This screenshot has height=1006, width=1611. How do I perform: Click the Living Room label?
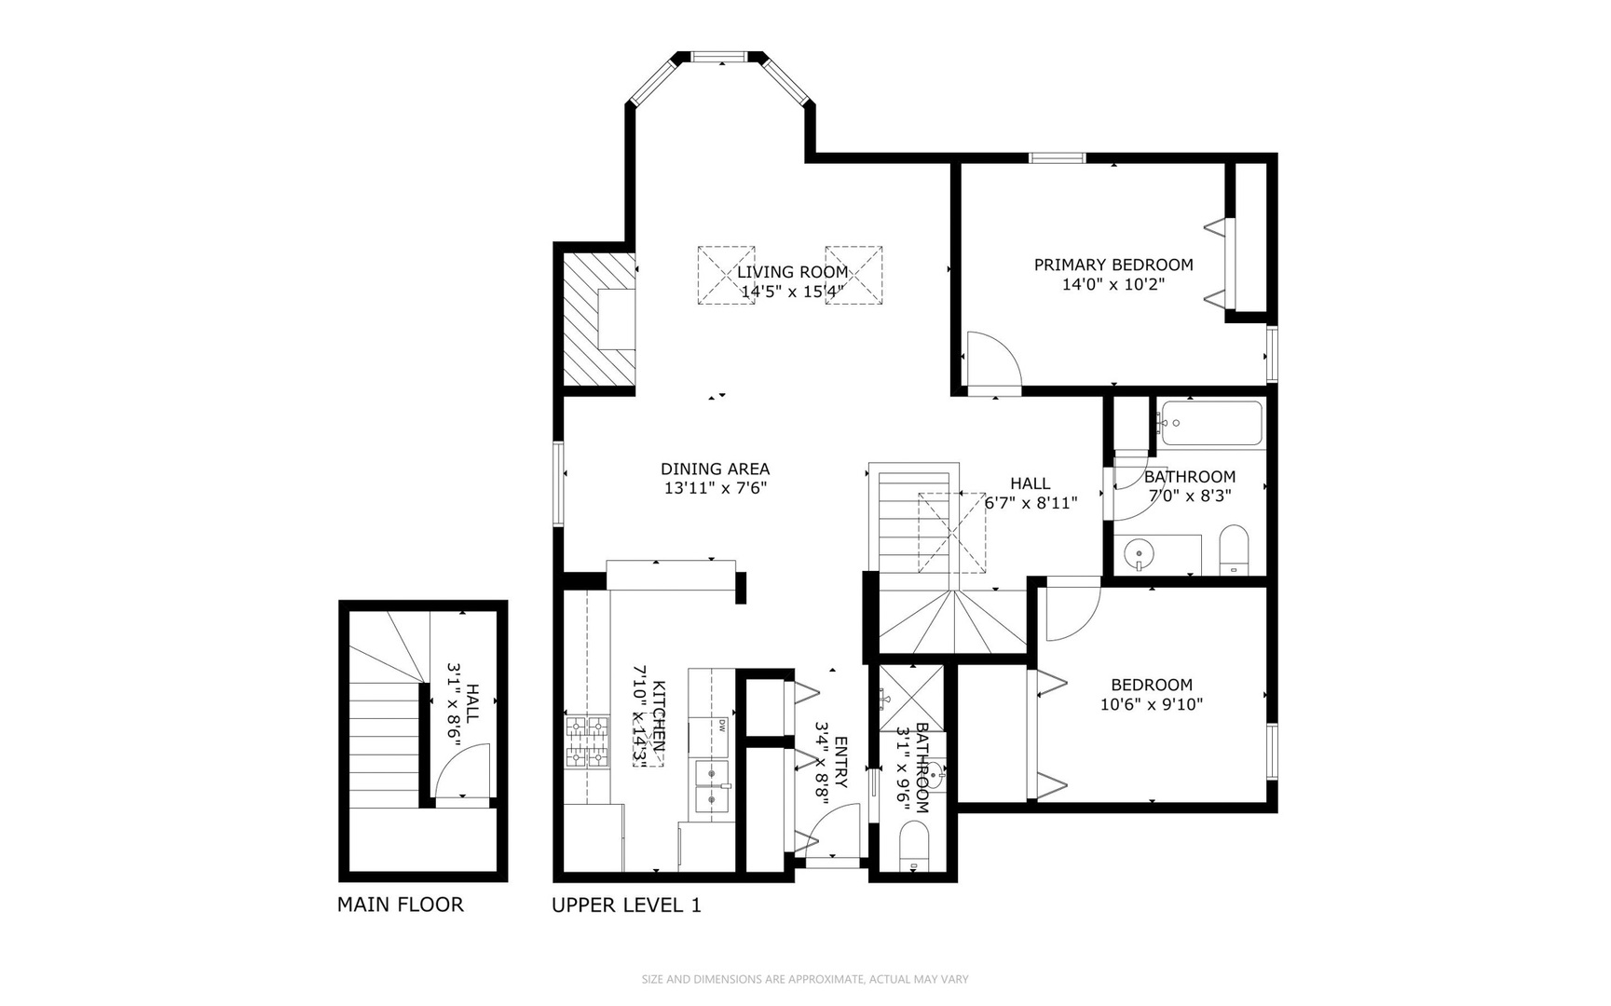792,272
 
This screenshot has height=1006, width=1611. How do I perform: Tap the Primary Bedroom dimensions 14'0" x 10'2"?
1113,284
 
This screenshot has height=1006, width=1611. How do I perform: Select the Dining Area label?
715,469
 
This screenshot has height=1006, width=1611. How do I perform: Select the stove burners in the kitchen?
587,742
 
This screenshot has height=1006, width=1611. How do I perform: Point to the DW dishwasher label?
721,725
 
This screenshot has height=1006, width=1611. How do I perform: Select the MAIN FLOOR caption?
400,904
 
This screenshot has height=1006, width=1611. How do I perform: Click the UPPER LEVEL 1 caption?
626,905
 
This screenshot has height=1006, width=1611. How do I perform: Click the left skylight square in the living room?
726,275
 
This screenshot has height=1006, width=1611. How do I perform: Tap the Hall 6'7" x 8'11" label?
1031,493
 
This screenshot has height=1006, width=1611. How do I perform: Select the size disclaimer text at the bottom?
805,979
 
